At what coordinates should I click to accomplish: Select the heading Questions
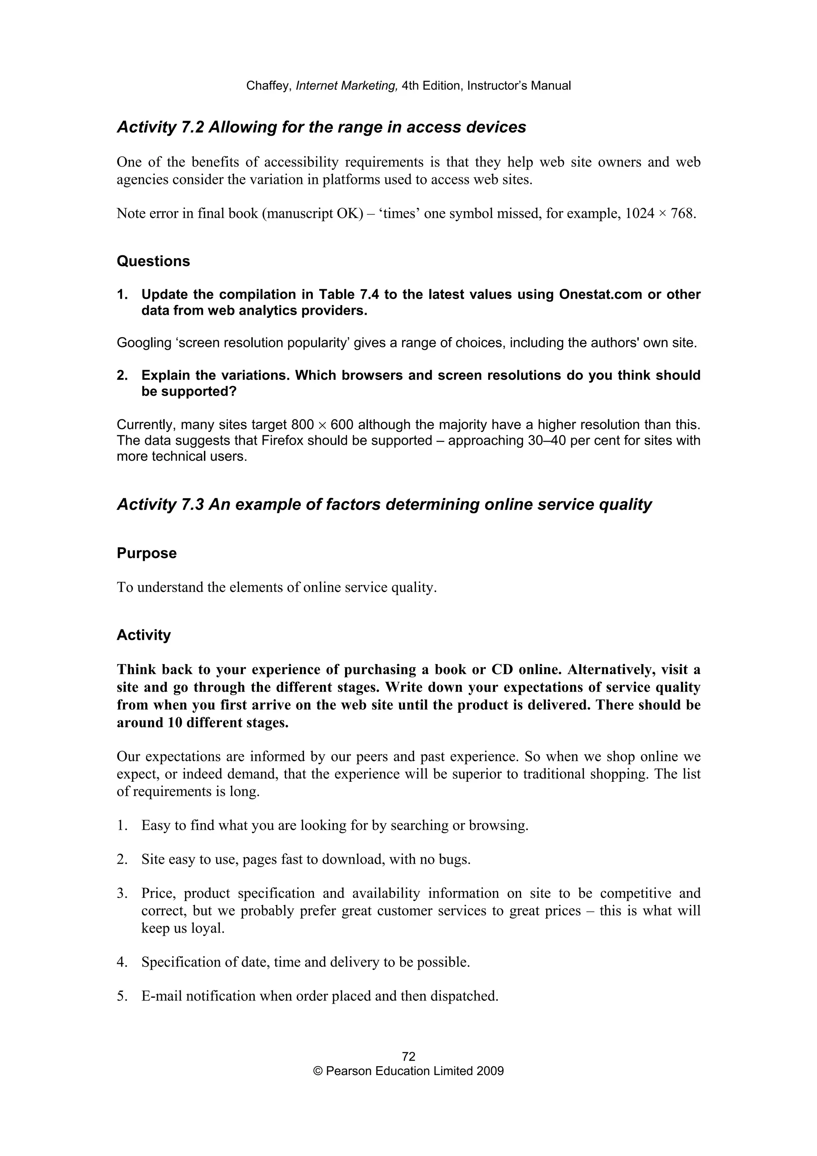[153, 261]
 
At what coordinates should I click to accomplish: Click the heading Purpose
[146, 553]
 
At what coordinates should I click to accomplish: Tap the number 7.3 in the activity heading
[192, 505]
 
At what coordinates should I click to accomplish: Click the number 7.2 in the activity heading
[192, 127]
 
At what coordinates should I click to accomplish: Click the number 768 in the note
[682, 213]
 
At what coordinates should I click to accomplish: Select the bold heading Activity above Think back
[144, 635]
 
